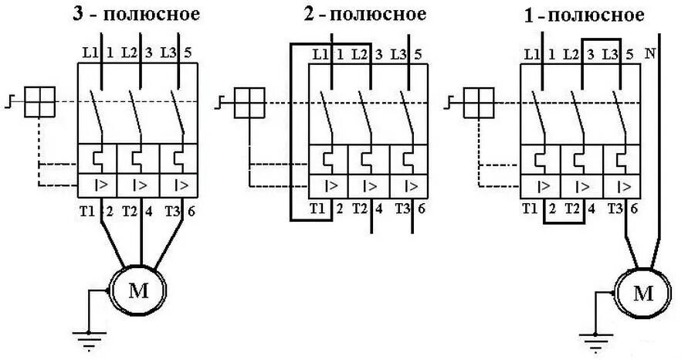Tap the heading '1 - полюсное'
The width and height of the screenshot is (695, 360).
(588, 15)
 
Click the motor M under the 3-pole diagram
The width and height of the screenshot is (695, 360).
(140, 290)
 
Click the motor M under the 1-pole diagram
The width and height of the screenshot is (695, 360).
(642, 293)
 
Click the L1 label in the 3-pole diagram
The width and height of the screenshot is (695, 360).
(88, 53)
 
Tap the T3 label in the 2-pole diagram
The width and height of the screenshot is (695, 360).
(402, 208)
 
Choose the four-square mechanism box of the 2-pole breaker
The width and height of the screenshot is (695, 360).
(249, 101)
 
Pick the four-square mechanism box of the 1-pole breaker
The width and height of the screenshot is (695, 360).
(478, 101)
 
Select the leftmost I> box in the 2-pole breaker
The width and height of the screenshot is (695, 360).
(331, 185)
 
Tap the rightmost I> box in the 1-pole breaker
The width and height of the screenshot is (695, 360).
(622, 185)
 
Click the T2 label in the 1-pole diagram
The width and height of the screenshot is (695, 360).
(572, 208)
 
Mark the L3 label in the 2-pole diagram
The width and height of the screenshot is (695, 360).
(399, 54)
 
